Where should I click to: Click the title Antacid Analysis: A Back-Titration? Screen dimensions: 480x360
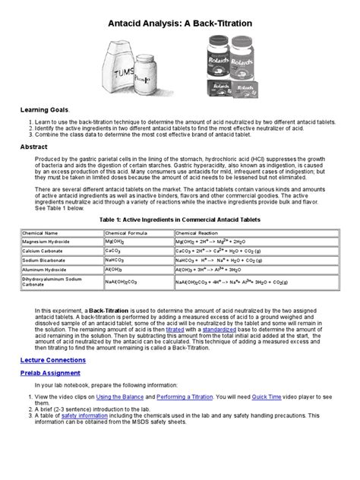[180, 24]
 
